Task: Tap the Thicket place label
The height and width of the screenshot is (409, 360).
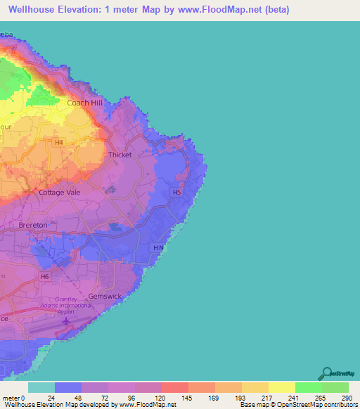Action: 120,155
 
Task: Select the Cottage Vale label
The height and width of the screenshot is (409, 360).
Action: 60,192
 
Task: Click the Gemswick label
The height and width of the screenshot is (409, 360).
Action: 105,296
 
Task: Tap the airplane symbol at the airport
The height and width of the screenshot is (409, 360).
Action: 67,321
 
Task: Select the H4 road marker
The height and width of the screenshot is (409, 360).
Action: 59,143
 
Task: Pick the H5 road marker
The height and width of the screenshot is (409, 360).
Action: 177,192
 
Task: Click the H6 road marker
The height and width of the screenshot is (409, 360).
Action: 44,277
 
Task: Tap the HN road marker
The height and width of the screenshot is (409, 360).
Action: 158,248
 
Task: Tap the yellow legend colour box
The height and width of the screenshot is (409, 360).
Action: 282,387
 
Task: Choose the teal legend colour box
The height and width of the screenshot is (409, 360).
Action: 41,387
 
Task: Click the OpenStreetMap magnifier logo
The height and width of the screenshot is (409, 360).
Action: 326,373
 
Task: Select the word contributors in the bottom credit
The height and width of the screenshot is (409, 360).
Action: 341,405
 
